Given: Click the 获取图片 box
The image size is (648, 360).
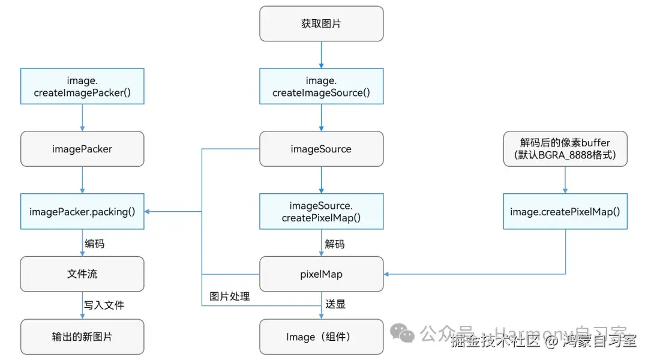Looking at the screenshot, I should (321, 24).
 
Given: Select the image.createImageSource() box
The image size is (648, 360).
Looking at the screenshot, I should (321, 86).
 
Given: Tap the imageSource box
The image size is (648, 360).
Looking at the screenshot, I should (321, 149).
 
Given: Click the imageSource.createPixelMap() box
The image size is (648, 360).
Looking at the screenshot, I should (321, 212).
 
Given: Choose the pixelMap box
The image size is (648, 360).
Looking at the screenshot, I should (321, 274).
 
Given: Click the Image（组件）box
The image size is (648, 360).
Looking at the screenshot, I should (321, 337).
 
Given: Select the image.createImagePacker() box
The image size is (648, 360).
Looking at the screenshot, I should (82, 86).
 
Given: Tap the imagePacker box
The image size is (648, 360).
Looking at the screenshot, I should (82, 149).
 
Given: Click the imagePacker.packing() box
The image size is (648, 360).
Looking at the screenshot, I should (82, 212).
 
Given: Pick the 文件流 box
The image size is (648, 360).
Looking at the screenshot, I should (82, 274).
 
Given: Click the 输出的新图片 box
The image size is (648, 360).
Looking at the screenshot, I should (82, 337).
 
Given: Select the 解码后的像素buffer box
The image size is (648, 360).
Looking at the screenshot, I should (565, 149).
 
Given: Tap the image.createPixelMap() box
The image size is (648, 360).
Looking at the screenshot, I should (565, 212).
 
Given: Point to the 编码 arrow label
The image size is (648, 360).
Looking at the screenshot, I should (94, 244).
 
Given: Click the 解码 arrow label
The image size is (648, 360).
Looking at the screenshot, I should (335, 244).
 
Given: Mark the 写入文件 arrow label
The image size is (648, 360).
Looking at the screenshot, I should (104, 305).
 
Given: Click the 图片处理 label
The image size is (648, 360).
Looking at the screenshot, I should (229, 296).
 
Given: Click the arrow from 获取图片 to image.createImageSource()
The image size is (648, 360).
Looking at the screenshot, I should (321, 55).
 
